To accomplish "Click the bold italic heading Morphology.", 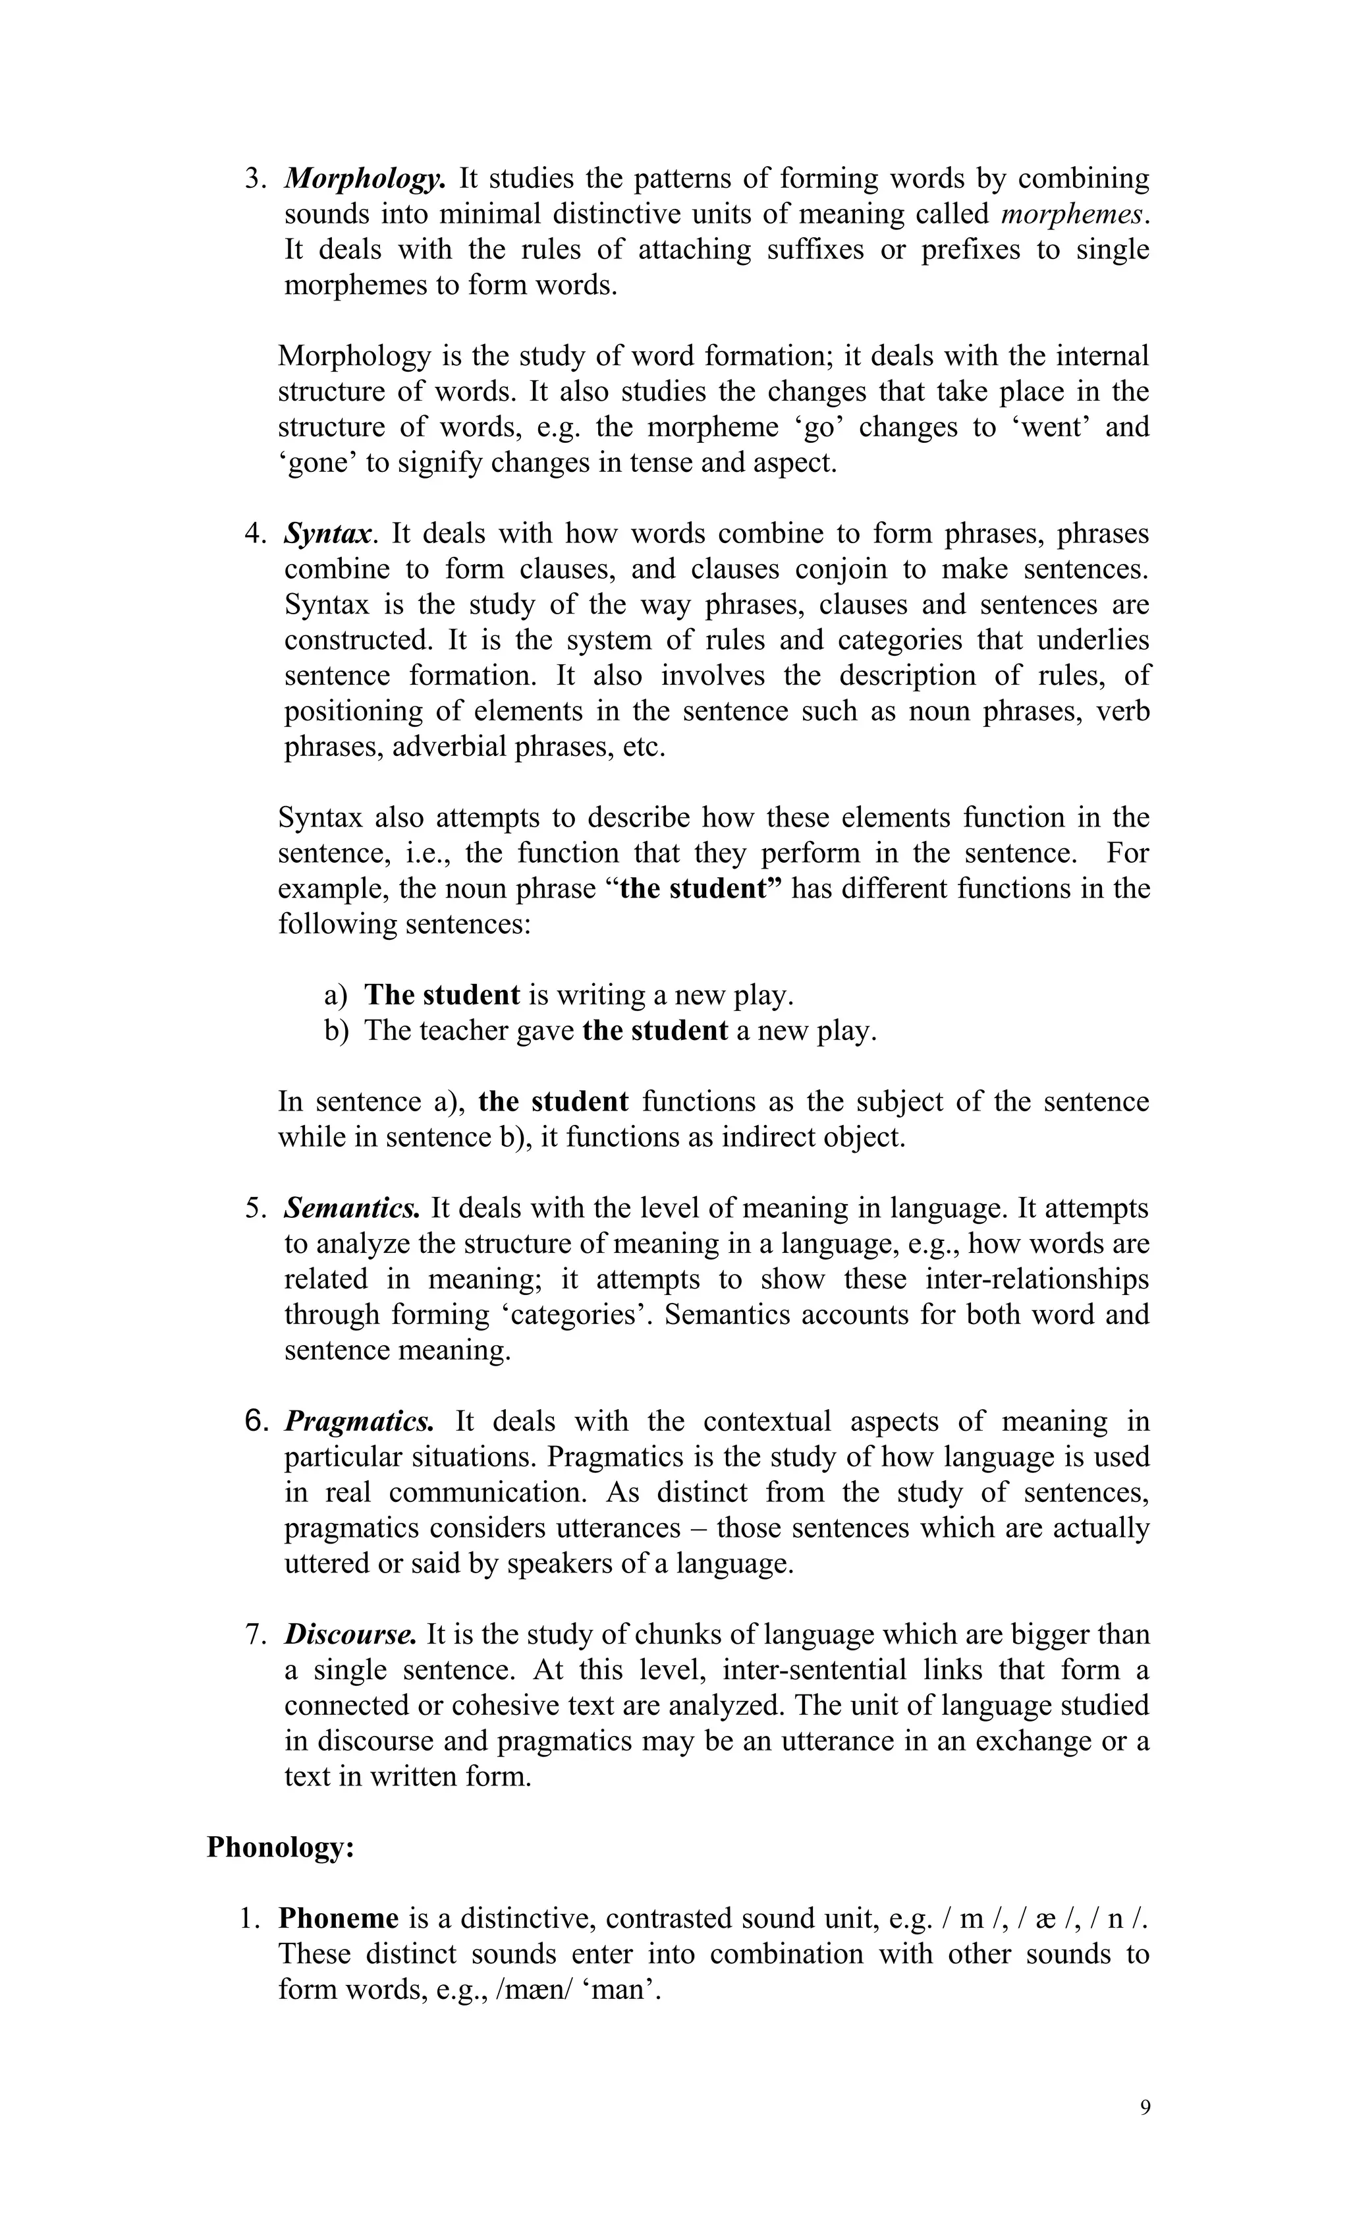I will pyautogui.click(x=364, y=179).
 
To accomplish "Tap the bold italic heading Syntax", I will pyautogui.click(x=327, y=534).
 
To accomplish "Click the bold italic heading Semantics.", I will pyautogui.click(x=352, y=1208).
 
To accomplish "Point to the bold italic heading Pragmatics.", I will pyautogui.click(x=359, y=1422).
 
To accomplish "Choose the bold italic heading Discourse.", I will pyautogui.click(x=350, y=1634).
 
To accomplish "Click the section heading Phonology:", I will pyautogui.click(x=281, y=1847).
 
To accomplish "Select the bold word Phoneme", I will pyautogui.click(x=338, y=1918).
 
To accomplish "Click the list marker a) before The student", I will pyautogui.click(x=335, y=995).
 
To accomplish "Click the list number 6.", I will pyautogui.click(x=256, y=1422).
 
